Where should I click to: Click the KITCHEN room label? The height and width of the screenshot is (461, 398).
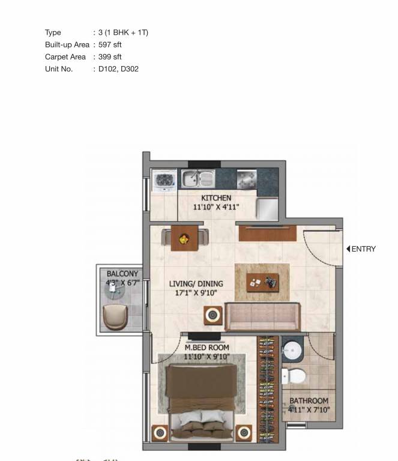point(216,198)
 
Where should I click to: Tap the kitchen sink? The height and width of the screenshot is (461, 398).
point(198,179)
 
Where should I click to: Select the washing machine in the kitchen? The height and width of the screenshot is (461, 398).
point(164,179)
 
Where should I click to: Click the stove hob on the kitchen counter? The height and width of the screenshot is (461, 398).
point(247,179)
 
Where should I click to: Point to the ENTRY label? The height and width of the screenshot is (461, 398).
point(364,249)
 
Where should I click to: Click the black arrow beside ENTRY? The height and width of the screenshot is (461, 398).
point(348,249)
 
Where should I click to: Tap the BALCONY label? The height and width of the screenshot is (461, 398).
point(122,274)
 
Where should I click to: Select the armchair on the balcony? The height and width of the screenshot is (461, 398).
point(115,317)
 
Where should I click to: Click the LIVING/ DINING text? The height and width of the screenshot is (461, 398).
point(196,284)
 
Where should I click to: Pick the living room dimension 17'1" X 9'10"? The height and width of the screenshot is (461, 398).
point(196,293)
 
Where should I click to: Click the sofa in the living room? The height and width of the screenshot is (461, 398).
point(263,316)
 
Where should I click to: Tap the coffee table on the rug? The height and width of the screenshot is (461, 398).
point(262,282)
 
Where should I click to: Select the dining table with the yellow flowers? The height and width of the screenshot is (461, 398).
point(185,238)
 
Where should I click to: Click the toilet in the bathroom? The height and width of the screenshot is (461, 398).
point(294,376)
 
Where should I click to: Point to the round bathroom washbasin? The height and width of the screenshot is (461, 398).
point(292,351)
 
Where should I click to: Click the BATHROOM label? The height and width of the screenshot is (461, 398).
point(309,401)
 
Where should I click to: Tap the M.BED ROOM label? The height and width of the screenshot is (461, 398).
point(207,348)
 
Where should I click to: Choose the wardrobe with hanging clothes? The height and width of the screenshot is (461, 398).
point(268,389)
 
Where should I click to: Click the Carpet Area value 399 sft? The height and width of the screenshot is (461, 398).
point(110,57)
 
